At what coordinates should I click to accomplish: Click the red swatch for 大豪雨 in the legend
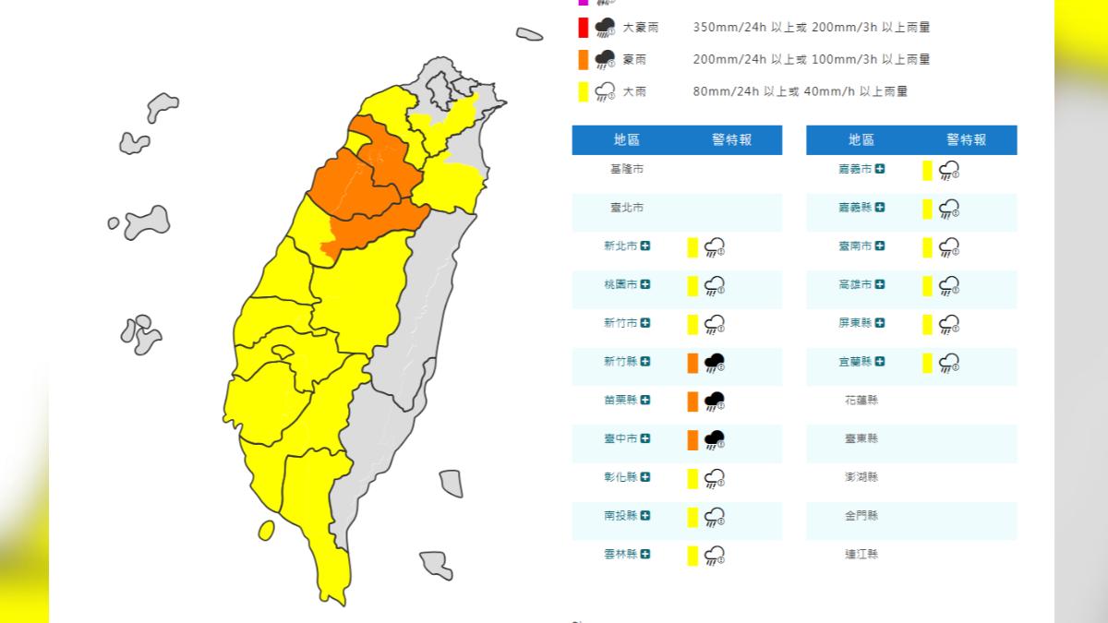pos(583,28)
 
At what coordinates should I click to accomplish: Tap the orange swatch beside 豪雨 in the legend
pos(583,60)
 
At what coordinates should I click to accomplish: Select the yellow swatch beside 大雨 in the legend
pos(583,91)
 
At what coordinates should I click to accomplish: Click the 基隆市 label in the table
pos(627,170)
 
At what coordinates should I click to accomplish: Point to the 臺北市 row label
pos(627,209)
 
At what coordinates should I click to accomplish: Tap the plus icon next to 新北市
pos(644,246)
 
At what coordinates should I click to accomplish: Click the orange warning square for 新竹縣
pos(692,362)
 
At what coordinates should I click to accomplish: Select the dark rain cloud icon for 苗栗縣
pos(714,401)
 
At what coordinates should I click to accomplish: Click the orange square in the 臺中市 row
pos(692,439)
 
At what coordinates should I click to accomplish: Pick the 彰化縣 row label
pos(620,477)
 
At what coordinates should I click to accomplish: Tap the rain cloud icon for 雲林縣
pos(714,555)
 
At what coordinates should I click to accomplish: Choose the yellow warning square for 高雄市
pos(926,285)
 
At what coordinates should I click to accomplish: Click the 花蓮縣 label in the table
pos(861,401)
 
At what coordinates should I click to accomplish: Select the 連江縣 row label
pos(861,555)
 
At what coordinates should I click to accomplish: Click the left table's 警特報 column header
pos(731,140)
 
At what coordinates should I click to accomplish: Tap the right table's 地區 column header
pos(861,140)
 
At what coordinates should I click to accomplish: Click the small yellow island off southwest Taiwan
pos(266,530)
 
